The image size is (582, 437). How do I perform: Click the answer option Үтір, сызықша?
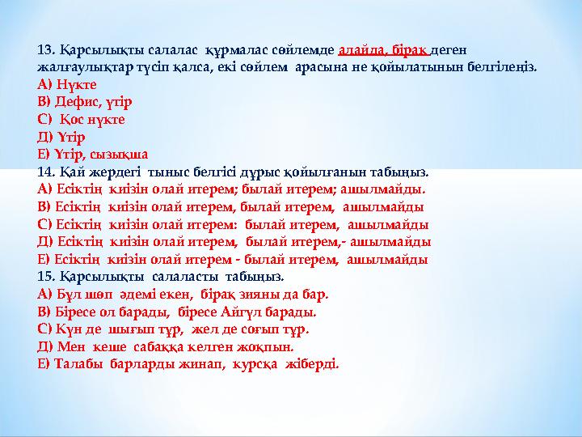tap(100, 154)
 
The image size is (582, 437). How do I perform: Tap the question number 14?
tap(45, 172)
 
